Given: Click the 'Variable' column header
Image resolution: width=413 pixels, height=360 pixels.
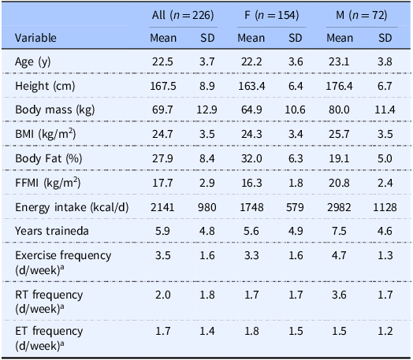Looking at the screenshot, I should click(35, 37).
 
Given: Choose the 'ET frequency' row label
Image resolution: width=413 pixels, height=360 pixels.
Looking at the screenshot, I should click(47, 331).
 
